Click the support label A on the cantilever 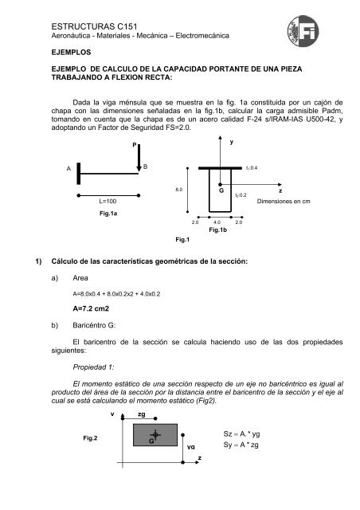68,169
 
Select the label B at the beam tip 145,166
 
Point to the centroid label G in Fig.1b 219,192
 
